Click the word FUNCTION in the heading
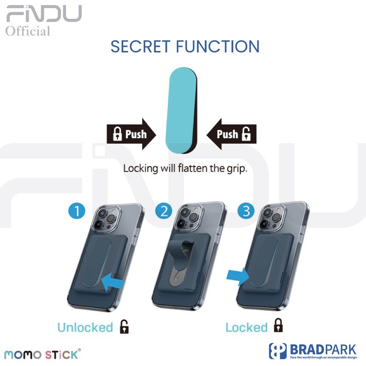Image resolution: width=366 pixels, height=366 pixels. pyautogui.click(x=218, y=47)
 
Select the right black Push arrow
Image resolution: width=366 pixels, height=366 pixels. pyautogui.click(x=232, y=134)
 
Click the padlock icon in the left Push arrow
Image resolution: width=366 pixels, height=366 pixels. pyautogui.click(x=117, y=134)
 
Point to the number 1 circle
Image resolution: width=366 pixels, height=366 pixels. pyautogui.click(x=77, y=211)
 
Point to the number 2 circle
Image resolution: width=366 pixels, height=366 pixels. pyautogui.click(x=163, y=211)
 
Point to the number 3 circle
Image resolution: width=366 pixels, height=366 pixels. pyautogui.click(x=246, y=211)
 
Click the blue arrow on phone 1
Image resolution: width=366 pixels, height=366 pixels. pyautogui.click(x=111, y=281)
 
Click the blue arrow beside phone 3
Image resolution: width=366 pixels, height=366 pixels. pyautogui.click(x=238, y=275)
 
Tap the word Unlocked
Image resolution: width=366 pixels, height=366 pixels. pyautogui.click(x=85, y=328)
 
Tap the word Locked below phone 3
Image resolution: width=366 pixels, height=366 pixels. pyautogui.click(x=246, y=328)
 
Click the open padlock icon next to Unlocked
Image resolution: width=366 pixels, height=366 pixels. pyautogui.click(x=124, y=327)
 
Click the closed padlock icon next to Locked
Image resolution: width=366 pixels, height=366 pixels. pyautogui.click(x=277, y=327)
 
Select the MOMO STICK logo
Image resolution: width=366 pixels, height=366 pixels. pyautogui.click(x=41, y=354)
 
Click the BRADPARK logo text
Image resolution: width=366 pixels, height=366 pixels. pyautogui.click(x=323, y=349)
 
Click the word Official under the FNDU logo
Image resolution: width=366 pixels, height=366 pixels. pyautogui.click(x=28, y=31)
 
